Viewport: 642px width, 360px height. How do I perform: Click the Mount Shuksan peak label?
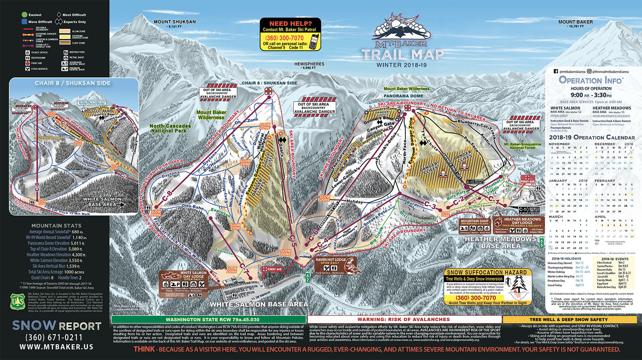click(175, 22)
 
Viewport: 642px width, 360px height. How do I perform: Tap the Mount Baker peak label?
click(575, 22)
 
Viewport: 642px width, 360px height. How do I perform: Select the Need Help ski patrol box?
click(290, 34)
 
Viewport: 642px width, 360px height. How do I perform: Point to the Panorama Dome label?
click(403, 96)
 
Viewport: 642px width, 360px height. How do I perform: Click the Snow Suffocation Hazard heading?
click(486, 272)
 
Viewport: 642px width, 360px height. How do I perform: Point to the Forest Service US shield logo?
click(17, 301)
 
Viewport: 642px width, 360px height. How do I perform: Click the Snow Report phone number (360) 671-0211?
click(54, 338)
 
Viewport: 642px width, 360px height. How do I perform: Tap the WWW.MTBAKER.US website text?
click(56, 347)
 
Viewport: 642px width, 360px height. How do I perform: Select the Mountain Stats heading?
click(56, 226)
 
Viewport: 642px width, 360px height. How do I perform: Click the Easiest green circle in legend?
click(24, 15)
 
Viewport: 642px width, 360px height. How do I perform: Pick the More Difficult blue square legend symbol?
click(24, 22)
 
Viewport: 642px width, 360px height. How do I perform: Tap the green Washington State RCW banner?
click(209, 319)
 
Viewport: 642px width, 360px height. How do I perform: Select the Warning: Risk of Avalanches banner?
click(404, 319)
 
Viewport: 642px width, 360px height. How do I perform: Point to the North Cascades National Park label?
click(170, 128)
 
